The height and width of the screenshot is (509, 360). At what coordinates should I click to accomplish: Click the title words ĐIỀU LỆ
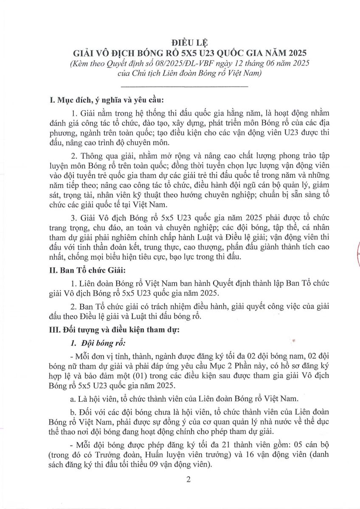coord(180,42)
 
